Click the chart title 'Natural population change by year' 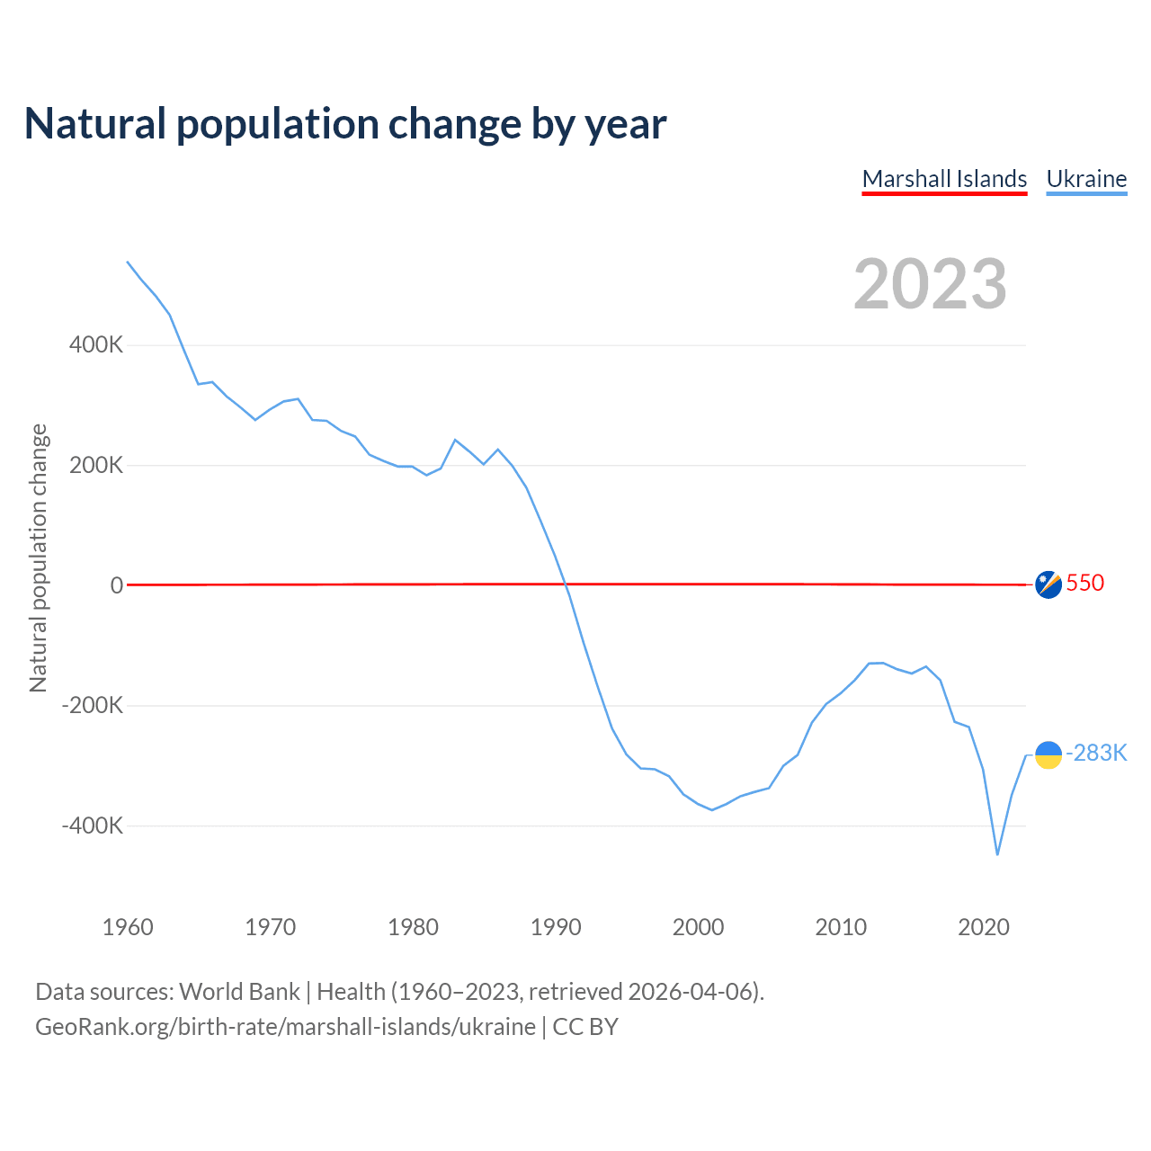click(x=345, y=124)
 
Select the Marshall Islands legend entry click(x=944, y=179)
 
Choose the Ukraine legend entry click(x=1086, y=179)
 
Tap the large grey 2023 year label click(x=930, y=284)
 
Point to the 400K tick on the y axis click(x=96, y=345)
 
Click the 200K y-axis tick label click(x=96, y=466)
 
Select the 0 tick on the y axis click(x=117, y=585)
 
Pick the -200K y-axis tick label click(x=93, y=706)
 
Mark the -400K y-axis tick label click(x=93, y=825)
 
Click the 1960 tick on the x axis click(x=128, y=927)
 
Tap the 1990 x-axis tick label click(x=556, y=927)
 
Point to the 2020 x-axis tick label click(x=984, y=927)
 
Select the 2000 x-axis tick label click(x=698, y=927)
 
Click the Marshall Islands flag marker click(x=1048, y=584)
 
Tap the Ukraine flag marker click(x=1048, y=755)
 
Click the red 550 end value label click(x=1085, y=584)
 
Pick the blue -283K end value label click(x=1096, y=754)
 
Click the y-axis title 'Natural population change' click(x=39, y=558)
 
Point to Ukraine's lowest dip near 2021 click(x=997, y=853)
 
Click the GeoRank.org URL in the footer click(x=285, y=1027)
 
